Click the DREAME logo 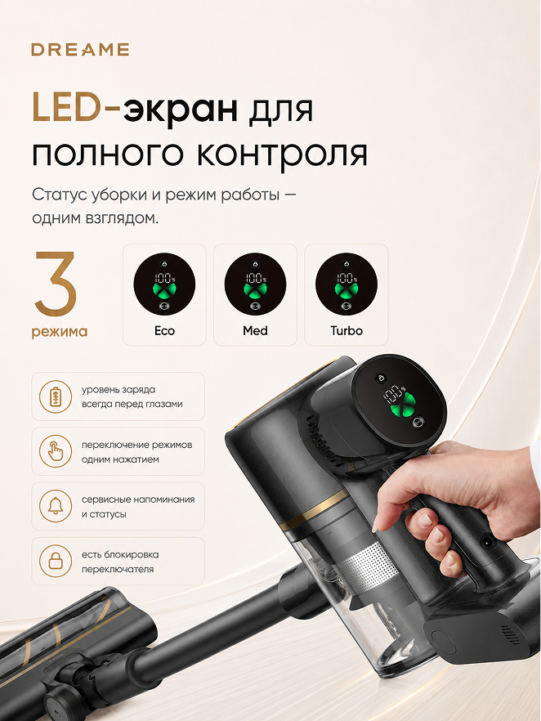(x=80, y=50)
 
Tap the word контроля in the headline (x=282, y=154)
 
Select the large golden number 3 (x=56, y=283)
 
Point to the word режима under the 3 (x=60, y=332)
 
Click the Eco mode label (x=164, y=330)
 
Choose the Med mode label (x=255, y=330)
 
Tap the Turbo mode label (x=347, y=330)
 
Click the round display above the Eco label (x=164, y=284)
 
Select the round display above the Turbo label (x=347, y=284)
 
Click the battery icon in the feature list (x=56, y=396)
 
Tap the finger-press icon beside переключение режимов (x=56, y=451)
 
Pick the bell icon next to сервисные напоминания (x=56, y=506)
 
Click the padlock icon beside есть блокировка (x=56, y=561)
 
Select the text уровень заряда (x=118, y=390)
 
